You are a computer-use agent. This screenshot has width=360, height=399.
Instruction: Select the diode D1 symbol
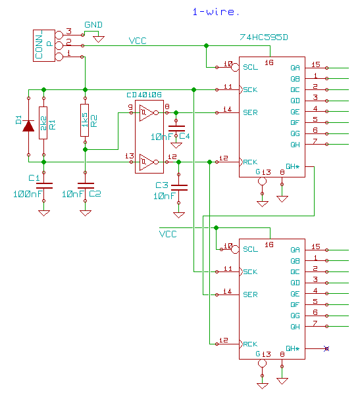(x=28, y=125)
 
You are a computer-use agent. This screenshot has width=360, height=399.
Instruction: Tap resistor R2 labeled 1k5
(x=85, y=120)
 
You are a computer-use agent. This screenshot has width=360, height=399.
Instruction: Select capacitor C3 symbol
(x=178, y=186)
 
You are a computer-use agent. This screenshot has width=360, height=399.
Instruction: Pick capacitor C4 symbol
(x=176, y=127)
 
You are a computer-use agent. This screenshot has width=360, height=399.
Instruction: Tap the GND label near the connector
(x=93, y=25)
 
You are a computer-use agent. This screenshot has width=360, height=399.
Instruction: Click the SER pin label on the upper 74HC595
(x=250, y=112)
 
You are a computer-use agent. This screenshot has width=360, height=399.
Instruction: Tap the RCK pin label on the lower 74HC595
(x=250, y=344)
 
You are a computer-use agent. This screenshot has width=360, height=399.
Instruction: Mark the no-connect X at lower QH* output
(x=326, y=348)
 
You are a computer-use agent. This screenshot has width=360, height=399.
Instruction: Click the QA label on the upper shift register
(x=294, y=67)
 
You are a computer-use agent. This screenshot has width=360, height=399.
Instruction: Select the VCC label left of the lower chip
(x=168, y=234)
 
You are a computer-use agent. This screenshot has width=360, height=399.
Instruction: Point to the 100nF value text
(x=28, y=194)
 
